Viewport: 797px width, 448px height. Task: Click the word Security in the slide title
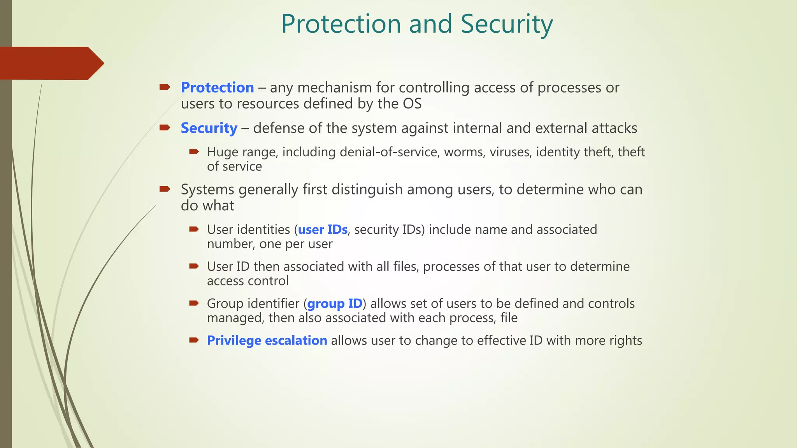[x=506, y=24]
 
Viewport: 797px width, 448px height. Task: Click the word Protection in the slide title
[x=341, y=24]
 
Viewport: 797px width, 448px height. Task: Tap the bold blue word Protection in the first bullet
[x=217, y=87]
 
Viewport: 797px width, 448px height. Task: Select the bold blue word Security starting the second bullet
[x=209, y=128]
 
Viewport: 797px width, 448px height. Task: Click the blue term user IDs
[x=323, y=230]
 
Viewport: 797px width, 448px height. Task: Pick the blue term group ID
[x=335, y=304]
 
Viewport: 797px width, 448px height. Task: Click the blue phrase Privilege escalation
[x=267, y=341]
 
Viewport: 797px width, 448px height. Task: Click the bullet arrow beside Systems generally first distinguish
[x=165, y=189]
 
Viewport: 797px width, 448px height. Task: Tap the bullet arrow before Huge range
[x=194, y=152]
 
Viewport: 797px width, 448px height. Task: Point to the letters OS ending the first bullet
[x=412, y=104]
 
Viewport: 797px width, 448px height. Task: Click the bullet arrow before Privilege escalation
[x=194, y=340]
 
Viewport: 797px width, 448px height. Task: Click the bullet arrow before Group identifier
[x=194, y=303]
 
